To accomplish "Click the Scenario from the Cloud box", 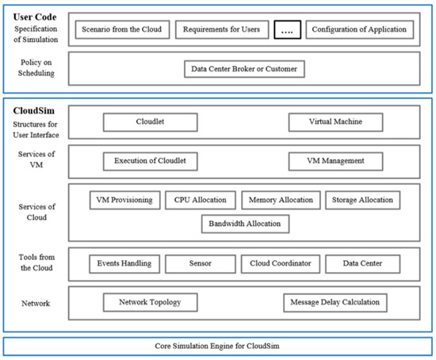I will (x=121, y=30).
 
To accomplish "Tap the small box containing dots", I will (x=286, y=30).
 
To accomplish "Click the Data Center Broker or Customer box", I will (x=243, y=70).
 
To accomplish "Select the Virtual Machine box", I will (x=335, y=122).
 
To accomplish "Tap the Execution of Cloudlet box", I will (x=150, y=161).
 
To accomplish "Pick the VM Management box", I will (x=335, y=161).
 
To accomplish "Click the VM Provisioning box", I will (x=125, y=200).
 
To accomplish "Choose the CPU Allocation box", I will (x=201, y=200).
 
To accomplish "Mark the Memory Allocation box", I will (x=281, y=200).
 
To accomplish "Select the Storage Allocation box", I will (x=361, y=200).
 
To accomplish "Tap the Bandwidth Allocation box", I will (x=244, y=224).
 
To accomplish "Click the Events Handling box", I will (x=123, y=263).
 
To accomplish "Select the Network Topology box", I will (x=150, y=302).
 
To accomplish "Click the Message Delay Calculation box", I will (x=335, y=302).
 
